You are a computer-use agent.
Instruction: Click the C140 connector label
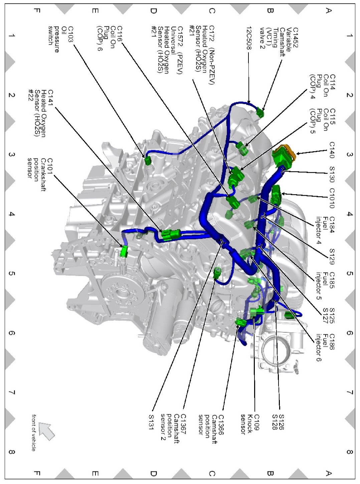(332, 150)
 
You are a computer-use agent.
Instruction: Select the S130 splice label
(332, 174)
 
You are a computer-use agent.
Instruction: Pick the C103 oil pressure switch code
(71, 34)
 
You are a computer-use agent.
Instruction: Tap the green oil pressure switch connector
(148, 161)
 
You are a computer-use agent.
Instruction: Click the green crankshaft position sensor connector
(124, 252)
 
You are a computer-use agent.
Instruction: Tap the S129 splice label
(332, 256)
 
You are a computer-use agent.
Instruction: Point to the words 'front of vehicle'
(34, 433)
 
